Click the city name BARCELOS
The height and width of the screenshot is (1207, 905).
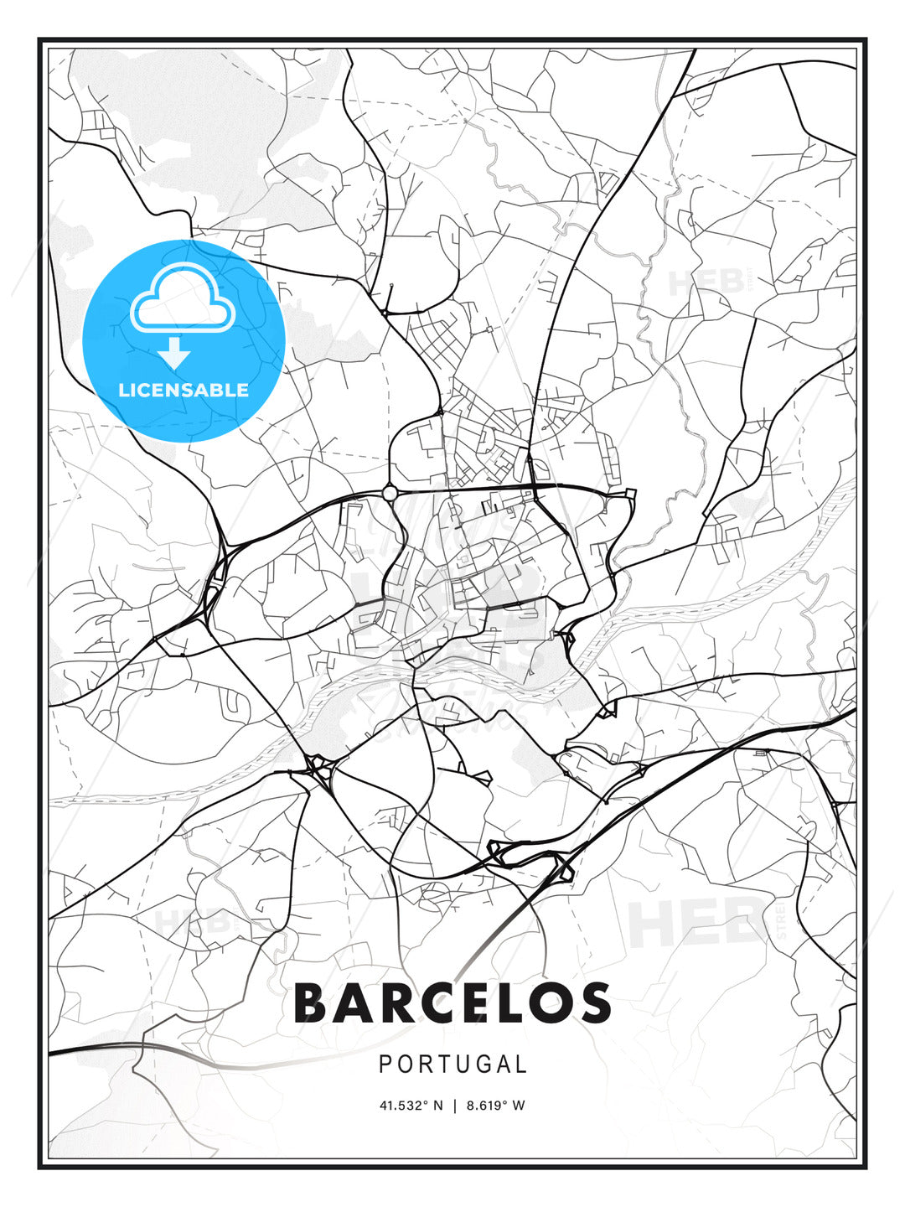pos(452,1003)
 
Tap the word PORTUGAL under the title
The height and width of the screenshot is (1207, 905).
pos(452,1065)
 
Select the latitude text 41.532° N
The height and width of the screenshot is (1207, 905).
pos(411,1106)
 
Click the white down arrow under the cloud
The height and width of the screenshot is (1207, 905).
pos(175,354)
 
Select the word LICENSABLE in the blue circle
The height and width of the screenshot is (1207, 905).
pos(184,390)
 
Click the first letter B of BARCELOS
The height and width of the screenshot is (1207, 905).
pos(311,1003)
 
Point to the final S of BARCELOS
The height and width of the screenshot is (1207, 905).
pos(594,1003)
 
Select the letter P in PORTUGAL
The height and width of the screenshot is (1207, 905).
pos(385,1065)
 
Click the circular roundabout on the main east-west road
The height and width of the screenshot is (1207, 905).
pos(390,493)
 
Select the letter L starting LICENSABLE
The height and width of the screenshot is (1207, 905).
pos(123,390)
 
